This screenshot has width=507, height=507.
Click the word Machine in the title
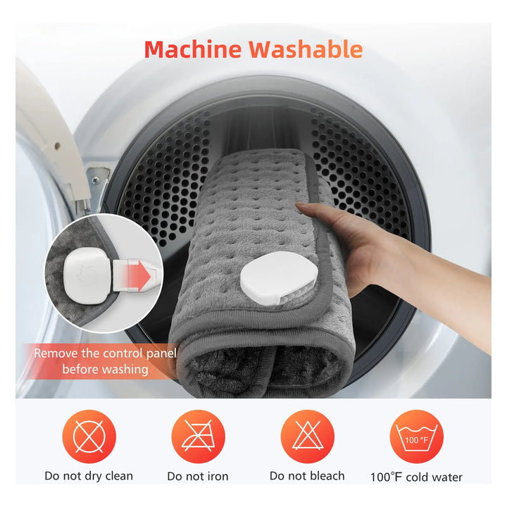193,49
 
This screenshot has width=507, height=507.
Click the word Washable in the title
306,49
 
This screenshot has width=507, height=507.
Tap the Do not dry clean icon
89,437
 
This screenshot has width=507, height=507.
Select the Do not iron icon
198,437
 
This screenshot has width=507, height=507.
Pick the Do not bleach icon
308,437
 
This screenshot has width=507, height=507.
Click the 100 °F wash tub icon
417,437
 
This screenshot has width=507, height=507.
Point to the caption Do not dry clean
89,476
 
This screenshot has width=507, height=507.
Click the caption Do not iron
198,476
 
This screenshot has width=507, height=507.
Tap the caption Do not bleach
307,475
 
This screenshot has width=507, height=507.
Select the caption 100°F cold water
416,477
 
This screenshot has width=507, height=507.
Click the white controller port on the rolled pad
279,277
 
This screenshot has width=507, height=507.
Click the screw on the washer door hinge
95,180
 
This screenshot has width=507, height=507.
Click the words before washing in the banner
105,369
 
